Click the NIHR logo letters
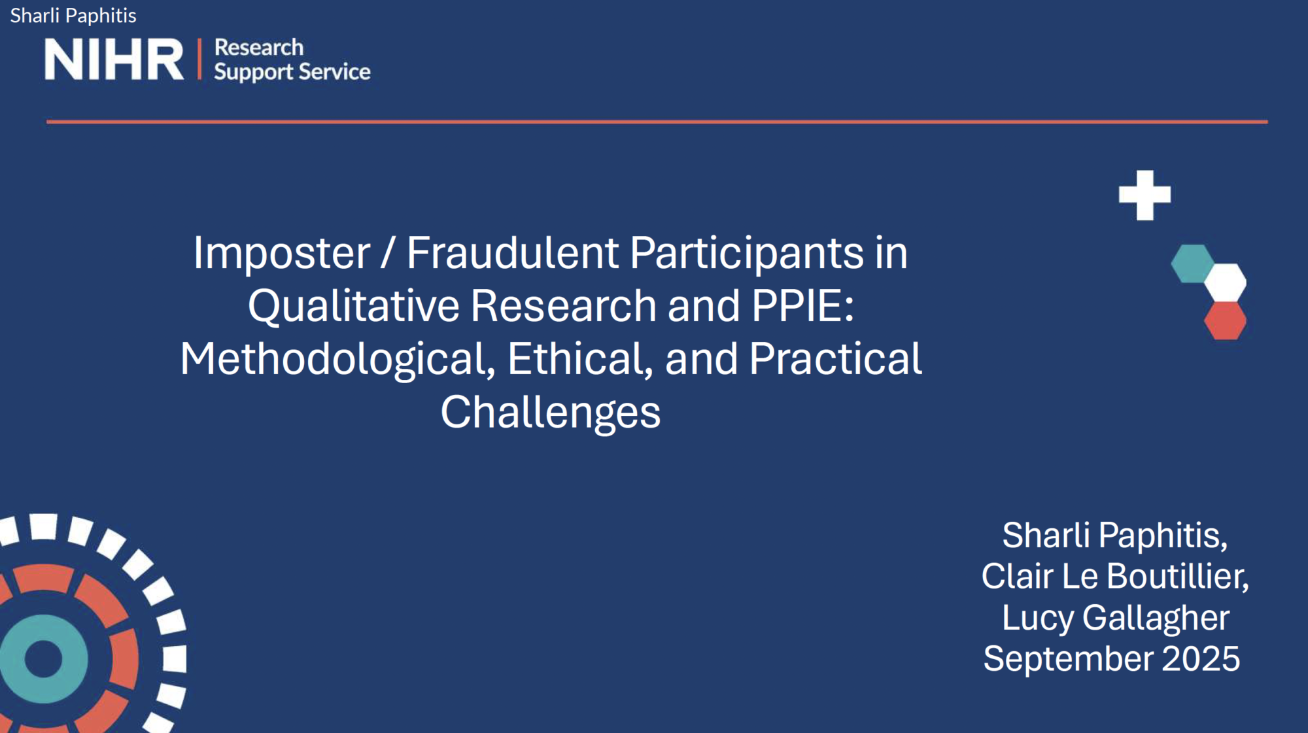(114, 60)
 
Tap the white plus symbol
(1144, 195)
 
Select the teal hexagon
(1192, 264)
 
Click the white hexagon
(1225, 282)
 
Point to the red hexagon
(1225, 320)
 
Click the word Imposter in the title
(282, 253)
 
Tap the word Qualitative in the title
(354, 306)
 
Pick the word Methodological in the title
(337, 360)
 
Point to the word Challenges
(551, 413)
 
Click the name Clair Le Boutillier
(1115, 577)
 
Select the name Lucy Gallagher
(1116, 618)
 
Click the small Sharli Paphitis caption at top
(73, 16)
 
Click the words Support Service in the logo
(292, 72)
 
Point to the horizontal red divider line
(657, 122)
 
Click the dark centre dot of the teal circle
(43, 659)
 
